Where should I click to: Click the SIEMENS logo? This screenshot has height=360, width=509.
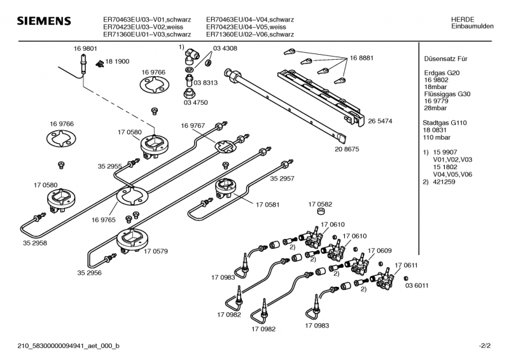click(43, 22)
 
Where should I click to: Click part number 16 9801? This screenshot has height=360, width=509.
click(85, 48)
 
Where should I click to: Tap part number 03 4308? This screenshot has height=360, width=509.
click(226, 49)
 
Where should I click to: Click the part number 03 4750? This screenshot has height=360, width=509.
click(196, 102)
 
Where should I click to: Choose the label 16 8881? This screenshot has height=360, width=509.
click(361, 58)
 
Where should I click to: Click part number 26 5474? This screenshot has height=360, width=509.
click(380, 120)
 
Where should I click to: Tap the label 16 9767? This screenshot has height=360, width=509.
click(193, 125)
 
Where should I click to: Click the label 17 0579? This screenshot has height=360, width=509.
click(156, 251)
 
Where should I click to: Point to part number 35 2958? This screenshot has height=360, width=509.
click(35, 243)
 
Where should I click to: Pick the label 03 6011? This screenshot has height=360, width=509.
click(417, 286)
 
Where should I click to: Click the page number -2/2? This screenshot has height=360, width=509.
click(485, 346)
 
